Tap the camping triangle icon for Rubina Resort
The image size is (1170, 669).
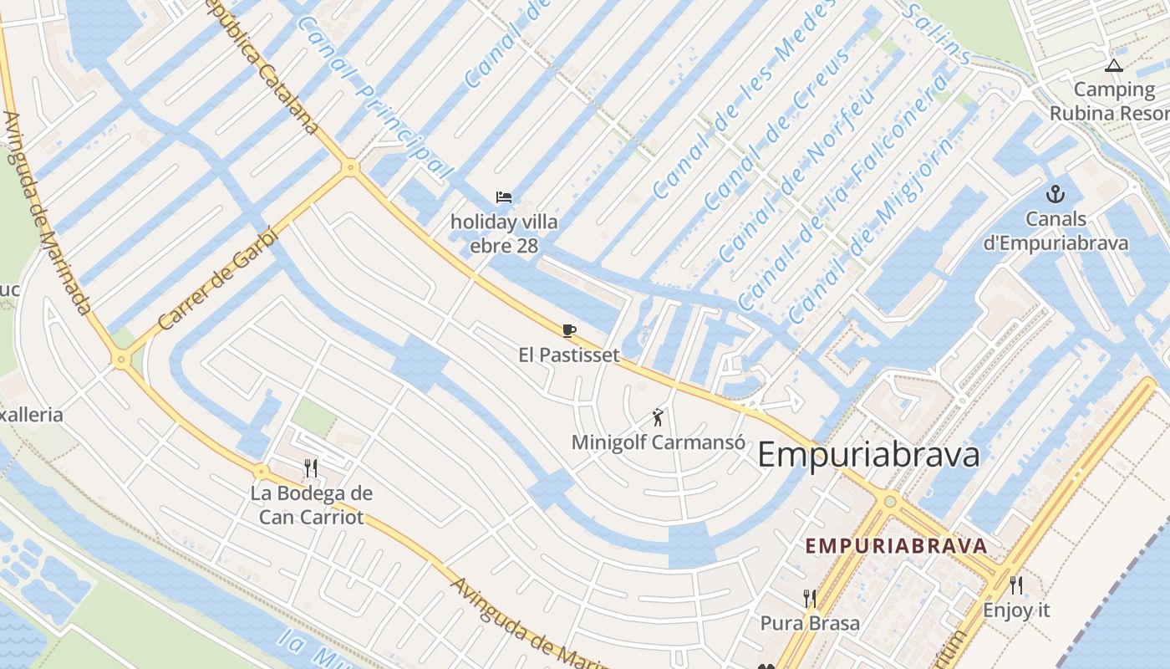click(x=1113, y=65)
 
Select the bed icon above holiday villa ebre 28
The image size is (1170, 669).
click(x=503, y=197)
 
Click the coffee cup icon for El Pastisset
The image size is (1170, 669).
click(x=569, y=330)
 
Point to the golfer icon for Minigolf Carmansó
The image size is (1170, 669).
click(x=658, y=416)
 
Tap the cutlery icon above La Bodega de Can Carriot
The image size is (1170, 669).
click(x=311, y=467)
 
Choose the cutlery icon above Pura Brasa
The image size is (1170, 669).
click(x=809, y=598)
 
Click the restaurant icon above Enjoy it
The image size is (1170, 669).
click(x=1016, y=585)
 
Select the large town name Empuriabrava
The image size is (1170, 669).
click(x=868, y=456)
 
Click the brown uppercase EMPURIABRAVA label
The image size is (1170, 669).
click(x=896, y=546)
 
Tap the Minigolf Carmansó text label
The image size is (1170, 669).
click(x=658, y=442)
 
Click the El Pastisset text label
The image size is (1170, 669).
click(x=569, y=355)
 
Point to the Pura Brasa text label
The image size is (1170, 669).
click(x=809, y=623)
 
